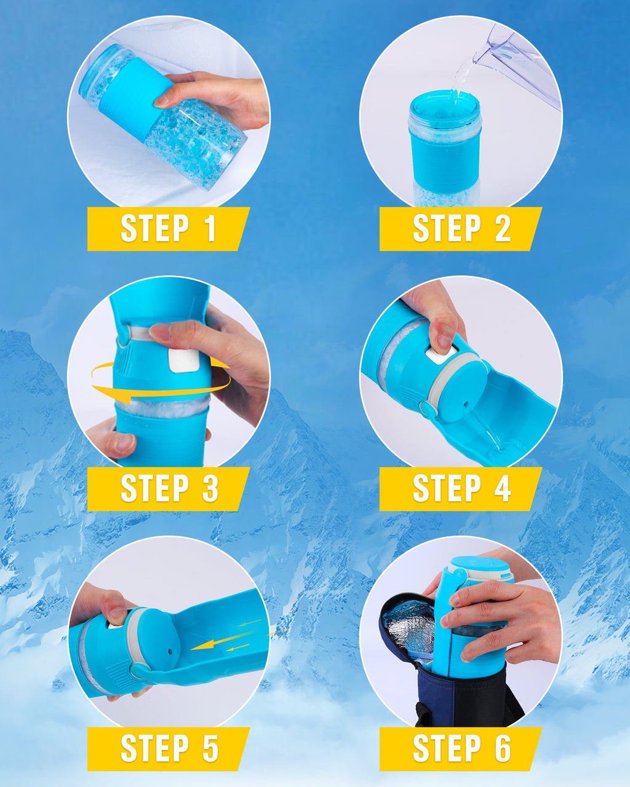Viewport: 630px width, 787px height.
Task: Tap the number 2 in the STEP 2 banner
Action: tap(502, 229)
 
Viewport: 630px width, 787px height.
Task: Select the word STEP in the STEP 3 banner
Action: tap(154, 489)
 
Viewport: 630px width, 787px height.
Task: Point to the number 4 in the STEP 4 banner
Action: tap(502, 489)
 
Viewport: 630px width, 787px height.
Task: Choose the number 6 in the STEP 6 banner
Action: tap(502, 748)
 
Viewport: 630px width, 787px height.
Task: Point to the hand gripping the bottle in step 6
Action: tap(504, 621)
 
